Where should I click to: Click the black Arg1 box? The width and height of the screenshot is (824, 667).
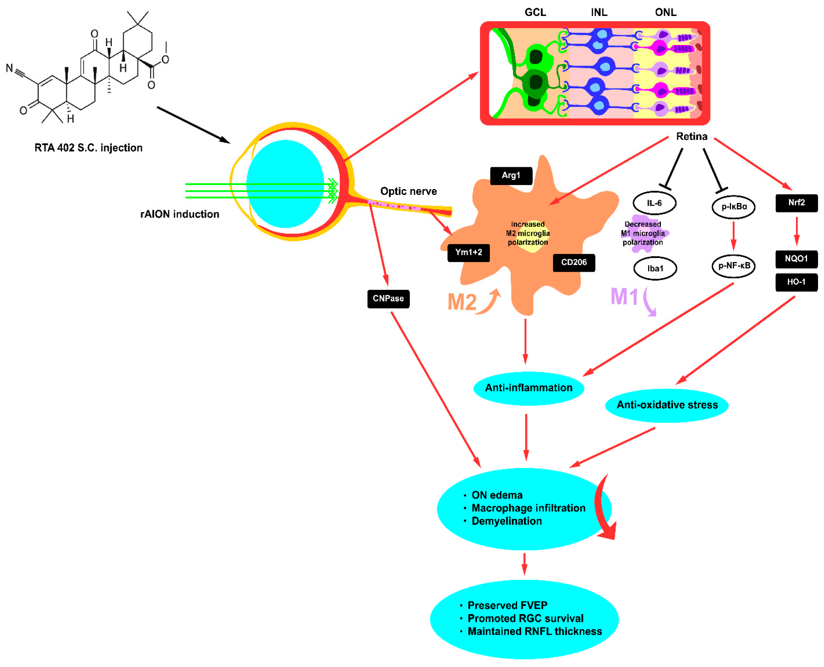click(511, 176)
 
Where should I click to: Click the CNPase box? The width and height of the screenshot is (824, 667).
click(388, 299)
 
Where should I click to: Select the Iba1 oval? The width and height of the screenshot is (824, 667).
click(655, 268)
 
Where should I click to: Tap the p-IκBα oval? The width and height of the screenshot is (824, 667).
click(733, 207)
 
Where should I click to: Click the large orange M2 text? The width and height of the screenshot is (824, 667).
click(462, 302)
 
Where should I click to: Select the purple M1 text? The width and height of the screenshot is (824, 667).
click(624, 297)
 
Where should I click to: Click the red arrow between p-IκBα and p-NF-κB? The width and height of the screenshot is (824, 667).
click(733, 235)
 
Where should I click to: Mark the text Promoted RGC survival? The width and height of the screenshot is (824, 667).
click(525, 618)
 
